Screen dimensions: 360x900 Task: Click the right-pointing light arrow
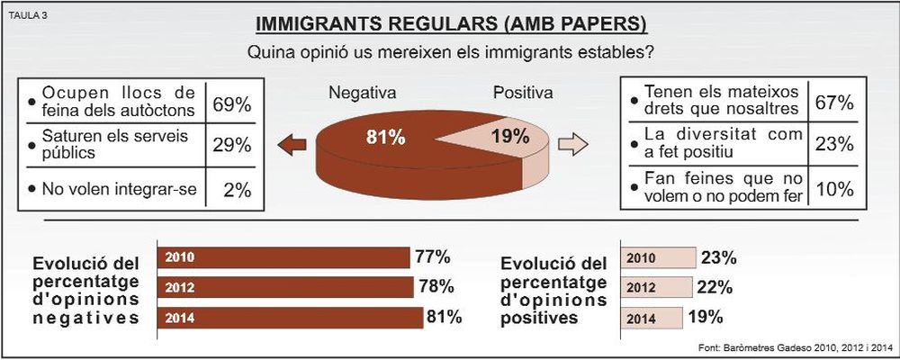tap(571, 144)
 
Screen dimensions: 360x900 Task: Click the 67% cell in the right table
tap(833, 102)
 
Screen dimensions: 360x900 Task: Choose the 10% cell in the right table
tap(833, 189)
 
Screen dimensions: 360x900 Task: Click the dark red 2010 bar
tap(283, 257)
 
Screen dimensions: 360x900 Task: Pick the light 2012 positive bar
tap(656, 287)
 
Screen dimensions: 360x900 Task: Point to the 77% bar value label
tap(432, 257)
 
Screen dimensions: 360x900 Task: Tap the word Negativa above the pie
tap(362, 93)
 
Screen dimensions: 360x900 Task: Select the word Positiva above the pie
tap(523, 93)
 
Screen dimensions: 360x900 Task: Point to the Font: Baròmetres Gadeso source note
tap(793, 347)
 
